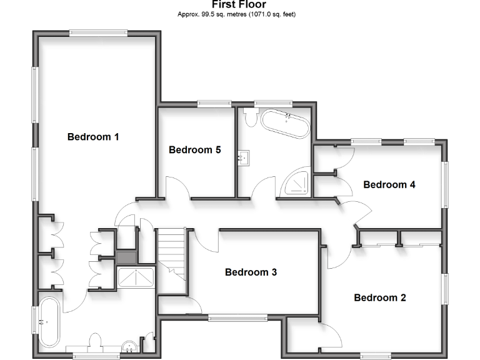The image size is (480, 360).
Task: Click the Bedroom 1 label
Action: pyautogui.click(x=93, y=137)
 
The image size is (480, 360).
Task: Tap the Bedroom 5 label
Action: pyautogui.click(x=194, y=150)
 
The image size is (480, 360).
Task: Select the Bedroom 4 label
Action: pyautogui.click(x=389, y=184)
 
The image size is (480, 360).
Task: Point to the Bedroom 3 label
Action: pyautogui.click(x=251, y=272)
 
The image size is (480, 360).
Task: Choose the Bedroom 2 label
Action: pyautogui.click(x=380, y=297)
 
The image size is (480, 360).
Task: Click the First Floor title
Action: pyautogui.click(x=239, y=4)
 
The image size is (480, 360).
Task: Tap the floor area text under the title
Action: pyautogui.click(x=239, y=14)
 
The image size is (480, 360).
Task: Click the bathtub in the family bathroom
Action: pyautogui.click(x=284, y=124)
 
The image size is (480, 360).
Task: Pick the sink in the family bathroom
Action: pyautogui.click(x=243, y=158)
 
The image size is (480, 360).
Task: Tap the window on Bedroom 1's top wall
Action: pyautogui.click(x=99, y=33)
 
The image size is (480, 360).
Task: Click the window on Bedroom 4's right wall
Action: pyautogui.click(x=446, y=184)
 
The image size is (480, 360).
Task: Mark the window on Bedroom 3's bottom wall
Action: pyautogui.click(x=237, y=317)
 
